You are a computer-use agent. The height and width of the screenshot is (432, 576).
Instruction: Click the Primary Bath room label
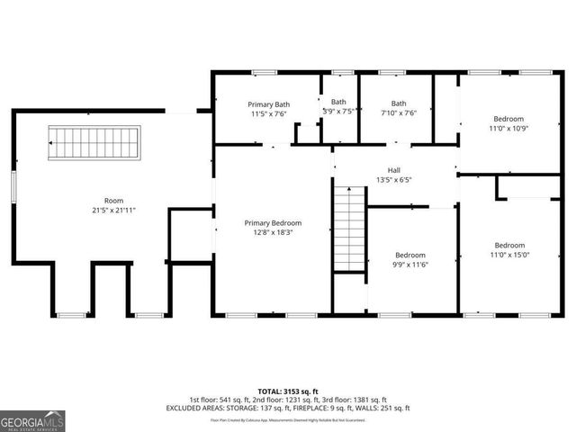269,104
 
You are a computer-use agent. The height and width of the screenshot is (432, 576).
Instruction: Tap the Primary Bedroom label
273,222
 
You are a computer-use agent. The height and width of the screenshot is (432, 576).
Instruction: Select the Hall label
393,169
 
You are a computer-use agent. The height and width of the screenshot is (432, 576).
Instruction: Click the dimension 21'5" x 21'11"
113,210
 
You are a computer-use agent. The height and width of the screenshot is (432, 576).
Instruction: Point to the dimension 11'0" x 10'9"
508,128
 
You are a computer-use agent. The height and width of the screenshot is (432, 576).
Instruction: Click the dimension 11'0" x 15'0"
508,255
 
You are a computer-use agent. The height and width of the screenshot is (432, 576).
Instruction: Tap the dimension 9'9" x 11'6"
409,264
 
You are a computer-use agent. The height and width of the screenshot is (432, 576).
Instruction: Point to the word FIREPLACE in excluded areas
328,408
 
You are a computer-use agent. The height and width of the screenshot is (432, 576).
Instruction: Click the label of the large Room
113,201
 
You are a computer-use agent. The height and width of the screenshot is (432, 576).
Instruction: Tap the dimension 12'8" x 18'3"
273,232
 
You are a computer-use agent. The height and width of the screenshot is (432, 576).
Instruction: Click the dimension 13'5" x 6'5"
393,179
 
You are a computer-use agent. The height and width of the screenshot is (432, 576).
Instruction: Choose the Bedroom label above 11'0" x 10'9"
508,119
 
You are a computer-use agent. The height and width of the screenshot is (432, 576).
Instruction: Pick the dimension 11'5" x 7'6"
269,114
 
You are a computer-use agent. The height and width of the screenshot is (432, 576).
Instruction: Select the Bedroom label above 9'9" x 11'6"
409,254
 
